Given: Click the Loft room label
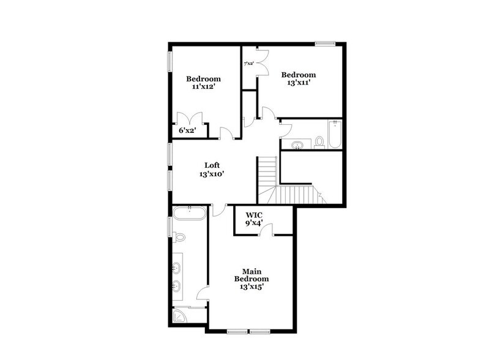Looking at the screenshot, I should point(212,165).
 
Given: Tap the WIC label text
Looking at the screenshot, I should point(254,215).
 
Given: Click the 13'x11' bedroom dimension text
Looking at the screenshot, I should point(298,83).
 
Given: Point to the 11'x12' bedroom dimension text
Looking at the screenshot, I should point(203,88).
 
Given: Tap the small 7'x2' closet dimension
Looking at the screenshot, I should point(249,63).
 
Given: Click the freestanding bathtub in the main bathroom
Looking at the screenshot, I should point(189,214).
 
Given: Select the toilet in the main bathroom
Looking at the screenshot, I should point(178,236).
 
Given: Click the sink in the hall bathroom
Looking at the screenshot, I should point(297,145).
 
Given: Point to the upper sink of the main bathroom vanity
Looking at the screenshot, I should point(176,267).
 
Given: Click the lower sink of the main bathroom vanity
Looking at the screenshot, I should point(176,285).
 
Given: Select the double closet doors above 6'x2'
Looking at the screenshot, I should point(185,118).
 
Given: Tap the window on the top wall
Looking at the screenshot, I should point(325,43).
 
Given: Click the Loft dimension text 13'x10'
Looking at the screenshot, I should point(212,174).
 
